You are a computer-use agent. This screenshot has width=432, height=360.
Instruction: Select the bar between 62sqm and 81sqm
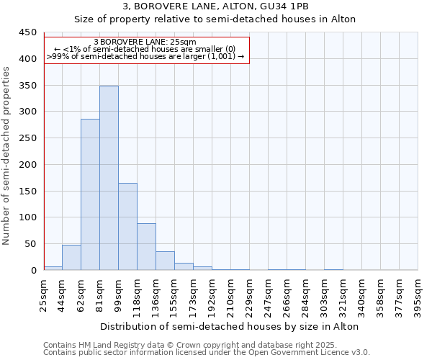tap(90, 194)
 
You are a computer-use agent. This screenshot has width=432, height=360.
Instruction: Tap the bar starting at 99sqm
tap(127, 227)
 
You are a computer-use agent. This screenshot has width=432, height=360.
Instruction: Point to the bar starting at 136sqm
tap(165, 261)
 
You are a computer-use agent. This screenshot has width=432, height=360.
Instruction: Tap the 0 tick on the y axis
tap(33, 271)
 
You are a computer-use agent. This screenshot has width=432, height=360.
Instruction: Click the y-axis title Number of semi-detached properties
tap(7, 156)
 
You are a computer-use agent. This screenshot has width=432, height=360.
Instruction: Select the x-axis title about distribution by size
tap(230, 326)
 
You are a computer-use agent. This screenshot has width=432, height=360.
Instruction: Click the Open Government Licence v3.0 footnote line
tap(207, 353)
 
